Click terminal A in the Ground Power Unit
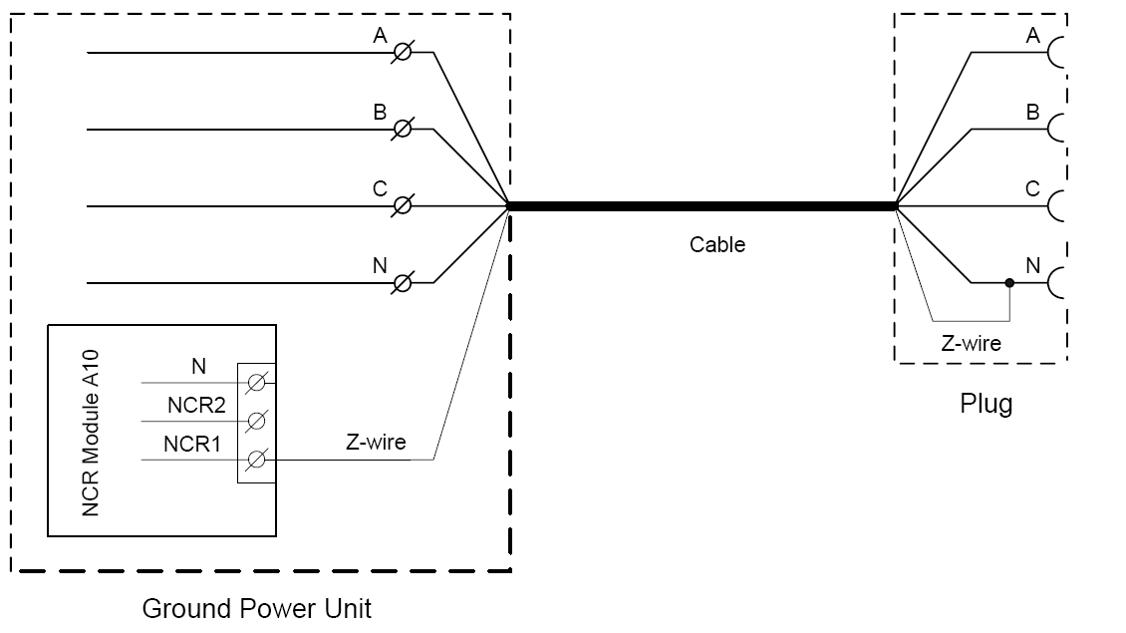coord(403,53)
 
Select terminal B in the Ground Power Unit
coord(403,130)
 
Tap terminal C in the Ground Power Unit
coord(403,206)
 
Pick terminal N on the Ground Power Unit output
coord(403,283)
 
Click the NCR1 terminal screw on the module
coord(256,460)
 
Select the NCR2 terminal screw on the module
coord(256,420)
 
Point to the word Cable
coord(716,244)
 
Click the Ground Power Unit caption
coord(257,608)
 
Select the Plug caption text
coord(985,404)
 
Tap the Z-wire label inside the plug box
coord(971,343)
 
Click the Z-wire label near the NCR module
coord(376,442)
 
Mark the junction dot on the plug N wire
coord(1009,283)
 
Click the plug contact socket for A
coord(1056,53)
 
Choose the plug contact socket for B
coord(1056,130)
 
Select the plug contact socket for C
coord(1056,206)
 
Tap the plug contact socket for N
coord(1056,283)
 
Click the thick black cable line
coord(702,206)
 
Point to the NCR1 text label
coord(193,443)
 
